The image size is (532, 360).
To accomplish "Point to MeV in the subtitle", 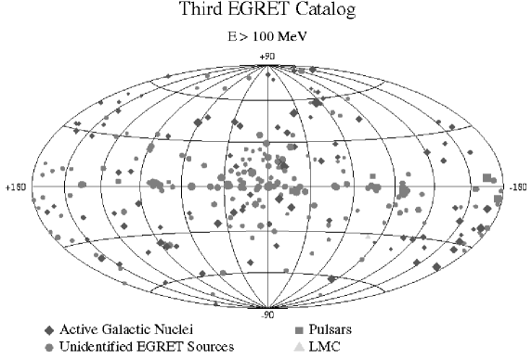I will pyautogui.click(x=299, y=40).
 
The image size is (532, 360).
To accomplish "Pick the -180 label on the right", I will pyautogui.click(x=517, y=186).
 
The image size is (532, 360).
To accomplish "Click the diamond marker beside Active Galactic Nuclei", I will pyautogui.click(x=48, y=330).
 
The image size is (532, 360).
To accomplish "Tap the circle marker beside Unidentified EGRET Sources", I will pyautogui.click(x=48, y=347).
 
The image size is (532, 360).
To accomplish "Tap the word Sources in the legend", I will pyautogui.click(x=209, y=347).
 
